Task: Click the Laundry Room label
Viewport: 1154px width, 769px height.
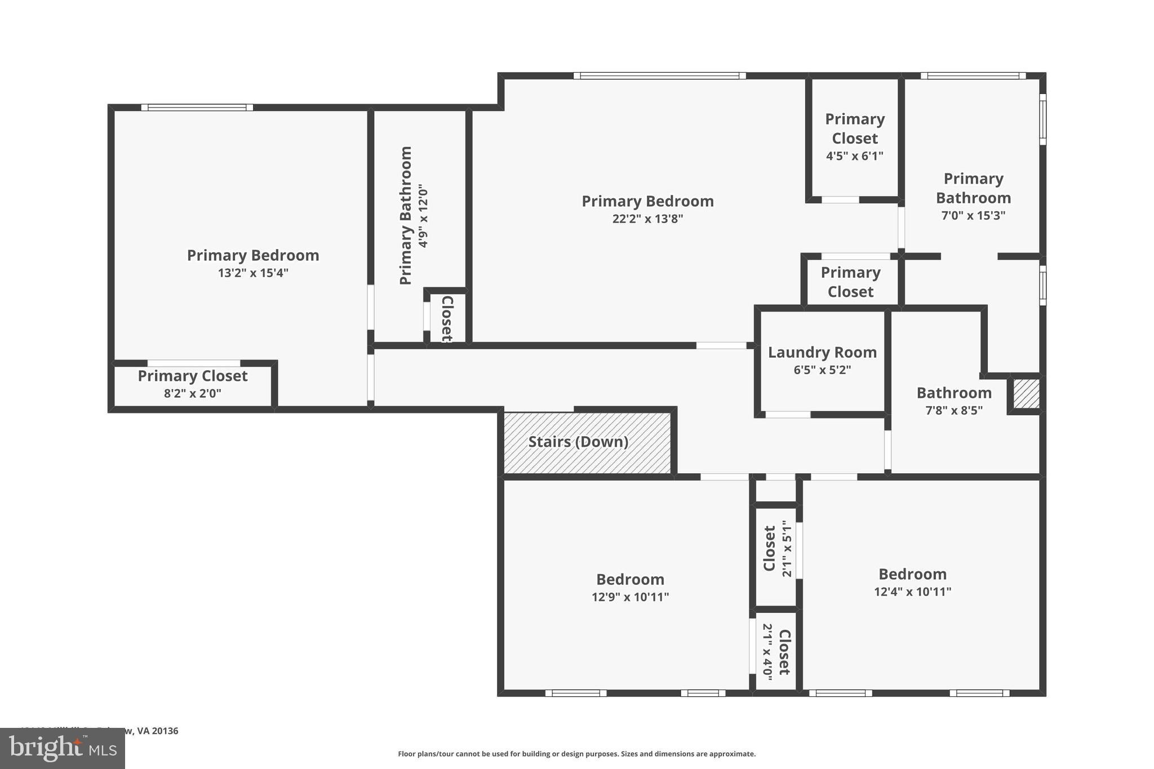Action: [822, 353]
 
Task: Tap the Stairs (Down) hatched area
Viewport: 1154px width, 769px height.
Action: [587, 442]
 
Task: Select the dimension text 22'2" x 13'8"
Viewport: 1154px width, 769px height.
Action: [647, 219]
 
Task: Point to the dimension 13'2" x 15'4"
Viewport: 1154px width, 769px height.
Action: [253, 273]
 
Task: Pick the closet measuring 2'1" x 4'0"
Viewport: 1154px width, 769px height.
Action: [776, 651]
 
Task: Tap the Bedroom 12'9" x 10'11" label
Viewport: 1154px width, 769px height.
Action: [630, 580]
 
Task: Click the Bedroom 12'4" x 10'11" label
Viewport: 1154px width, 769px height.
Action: [912, 575]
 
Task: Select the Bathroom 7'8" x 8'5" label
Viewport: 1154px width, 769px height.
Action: [953, 393]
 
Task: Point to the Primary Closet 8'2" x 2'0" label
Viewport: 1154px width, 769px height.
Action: [193, 376]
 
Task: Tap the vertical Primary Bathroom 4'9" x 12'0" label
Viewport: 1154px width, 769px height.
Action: [414, 216]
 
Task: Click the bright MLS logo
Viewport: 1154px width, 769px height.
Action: [62, 748]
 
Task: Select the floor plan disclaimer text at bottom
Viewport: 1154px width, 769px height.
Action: [576, 754]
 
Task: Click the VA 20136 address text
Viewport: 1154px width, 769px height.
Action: [157, 731]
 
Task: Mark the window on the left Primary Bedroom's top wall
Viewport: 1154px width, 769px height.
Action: [197, 108]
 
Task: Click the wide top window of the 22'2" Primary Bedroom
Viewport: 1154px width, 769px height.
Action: [659, 75]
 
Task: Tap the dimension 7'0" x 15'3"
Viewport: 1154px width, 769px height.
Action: [973, 215]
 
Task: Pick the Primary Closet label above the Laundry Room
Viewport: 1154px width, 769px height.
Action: [850, 282]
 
